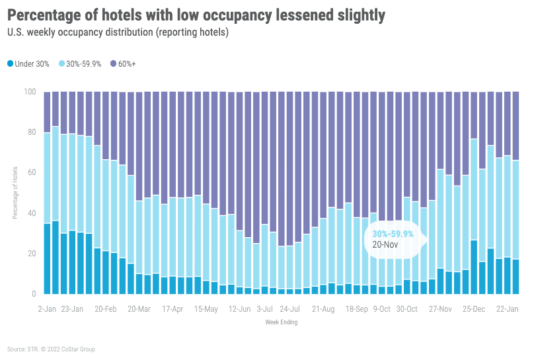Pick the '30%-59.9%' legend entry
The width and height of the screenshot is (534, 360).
(80, 64)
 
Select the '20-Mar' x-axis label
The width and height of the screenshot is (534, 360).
(139, 308)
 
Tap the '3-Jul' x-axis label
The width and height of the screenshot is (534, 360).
(265, 308)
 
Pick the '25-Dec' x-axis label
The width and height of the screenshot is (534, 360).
(474, 308)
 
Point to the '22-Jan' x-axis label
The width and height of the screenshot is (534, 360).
(507, 308)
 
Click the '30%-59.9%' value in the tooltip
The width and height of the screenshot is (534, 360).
(393, 234)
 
